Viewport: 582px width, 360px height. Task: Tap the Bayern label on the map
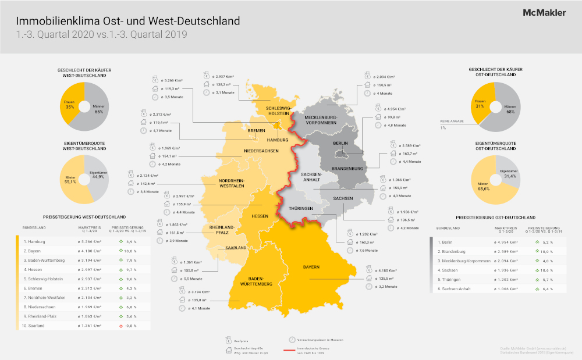coord(311,267)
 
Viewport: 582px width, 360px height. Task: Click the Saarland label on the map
coord(236,248)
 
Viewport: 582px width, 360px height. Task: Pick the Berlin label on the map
coord(340,143)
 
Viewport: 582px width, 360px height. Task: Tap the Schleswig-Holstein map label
coord(278,111)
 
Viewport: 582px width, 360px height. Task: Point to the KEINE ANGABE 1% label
coord(451,124)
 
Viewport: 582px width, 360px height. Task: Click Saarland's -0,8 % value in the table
coord(130,326)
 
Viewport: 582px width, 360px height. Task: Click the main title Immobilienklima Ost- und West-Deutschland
coord(129,21)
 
